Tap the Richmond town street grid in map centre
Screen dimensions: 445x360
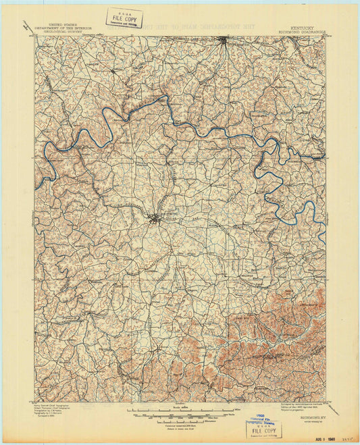[156, 217]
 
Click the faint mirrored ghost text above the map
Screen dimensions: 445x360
[203, 26]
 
